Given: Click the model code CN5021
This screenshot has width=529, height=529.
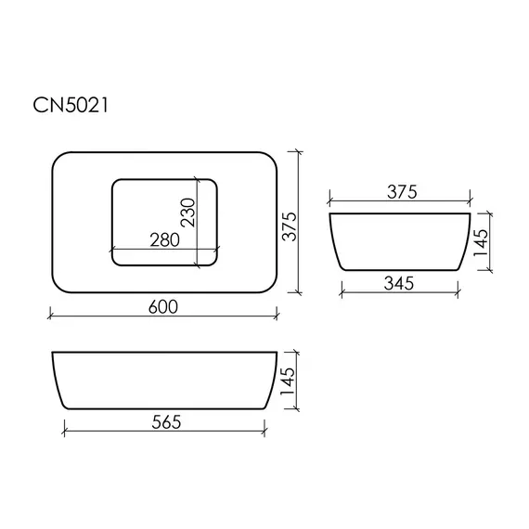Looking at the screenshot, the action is tap(71, 105).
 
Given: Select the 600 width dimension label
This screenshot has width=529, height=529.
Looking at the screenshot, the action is tap(163, 306).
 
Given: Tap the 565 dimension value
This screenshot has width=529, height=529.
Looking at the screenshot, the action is tap(166, 421).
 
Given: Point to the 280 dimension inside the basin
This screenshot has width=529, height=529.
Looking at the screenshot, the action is tap(164, 239).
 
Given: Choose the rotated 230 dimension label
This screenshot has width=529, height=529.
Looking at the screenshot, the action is tap(187, 213).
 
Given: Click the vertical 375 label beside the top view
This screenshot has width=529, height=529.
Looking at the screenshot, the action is tap(290, 226).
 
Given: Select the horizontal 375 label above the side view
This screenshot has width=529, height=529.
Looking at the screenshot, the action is tap(402, 192).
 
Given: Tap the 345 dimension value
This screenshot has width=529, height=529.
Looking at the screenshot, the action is tap(398, 283).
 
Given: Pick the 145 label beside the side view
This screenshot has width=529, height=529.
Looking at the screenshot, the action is tap(481, 242).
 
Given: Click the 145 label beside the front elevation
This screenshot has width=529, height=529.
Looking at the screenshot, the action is tap(288, 381).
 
